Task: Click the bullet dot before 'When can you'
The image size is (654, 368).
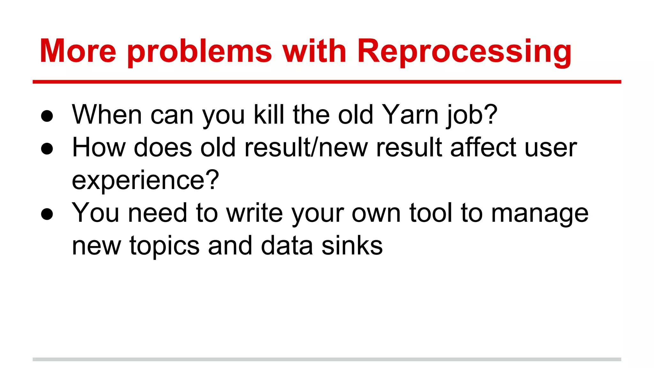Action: (47, 116)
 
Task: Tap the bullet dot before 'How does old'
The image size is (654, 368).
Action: (47, 149)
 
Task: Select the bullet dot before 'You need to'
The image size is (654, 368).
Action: (47, 214)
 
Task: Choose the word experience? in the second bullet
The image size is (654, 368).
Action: (145, 180)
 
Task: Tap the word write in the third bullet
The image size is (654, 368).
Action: (255, 213)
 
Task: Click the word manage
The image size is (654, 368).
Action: (540, 214)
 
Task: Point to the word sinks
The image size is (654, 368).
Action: (352, 246)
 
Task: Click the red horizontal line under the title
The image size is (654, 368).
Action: (327, 82)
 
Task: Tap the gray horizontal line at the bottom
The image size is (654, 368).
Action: (327, 359)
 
